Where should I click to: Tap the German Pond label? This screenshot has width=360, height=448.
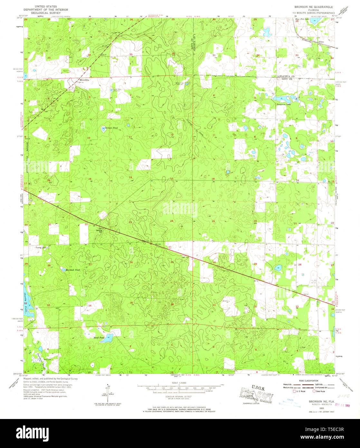click(x=111, y=128)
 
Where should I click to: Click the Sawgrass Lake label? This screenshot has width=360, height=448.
click(x=283, y=104)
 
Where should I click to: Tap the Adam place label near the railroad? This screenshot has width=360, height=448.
click(x=320, y=42)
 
